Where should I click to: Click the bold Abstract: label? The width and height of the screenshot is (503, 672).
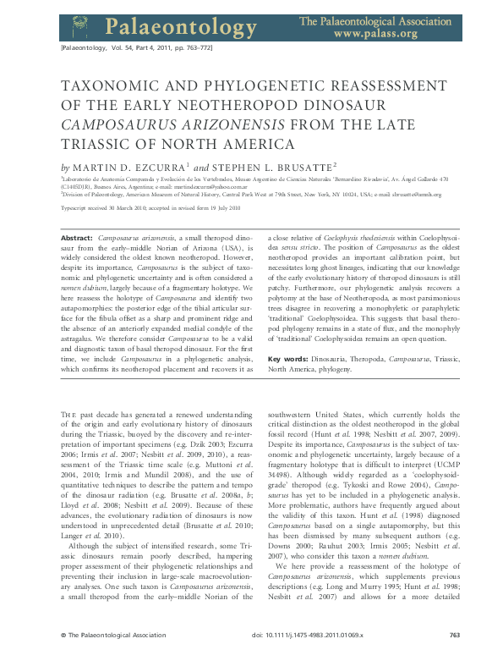pyautogui.click(x=79, y=240)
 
